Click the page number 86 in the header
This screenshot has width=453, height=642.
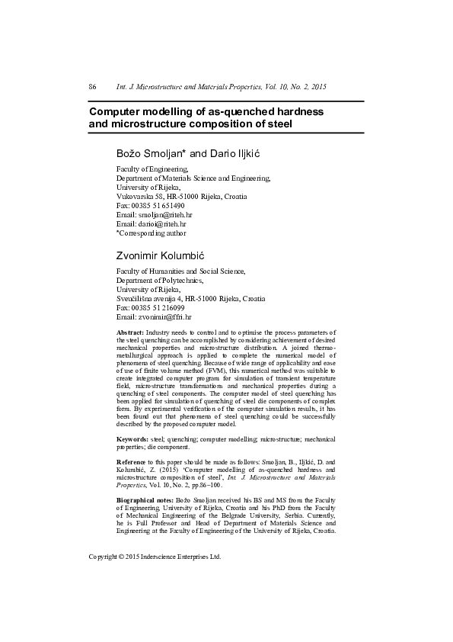(92, 88)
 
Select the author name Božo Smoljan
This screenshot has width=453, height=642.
(144, 154)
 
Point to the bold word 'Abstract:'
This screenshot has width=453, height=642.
(130, 333)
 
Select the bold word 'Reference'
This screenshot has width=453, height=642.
(131, 462)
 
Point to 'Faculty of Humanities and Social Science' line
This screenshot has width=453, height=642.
(180, 271)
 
